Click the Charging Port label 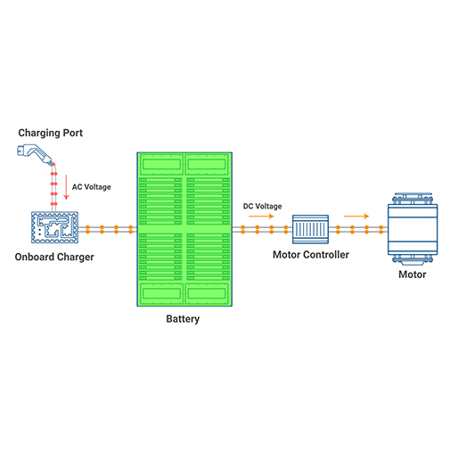pyautogui.click(x=51, y=133)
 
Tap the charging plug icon pyautogui.click(x=36, y=154)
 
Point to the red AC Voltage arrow pyautogui.click(x=66, y=187)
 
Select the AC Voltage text pyautogui.click(x=92, y=187)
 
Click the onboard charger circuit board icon pyautogui.click(x=54, y=227)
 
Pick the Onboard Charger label pyautogui.click(x=54, y=257)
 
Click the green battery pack pyautogui.click(x=184, y=229)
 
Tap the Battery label pyautogui.click(x=183, y=319)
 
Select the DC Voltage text pyautogui.click(x=263, y=206)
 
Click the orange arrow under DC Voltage pyautogui.click(x=261, y=216)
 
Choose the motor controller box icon pyautogui.click(x=310, y=229)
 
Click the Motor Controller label pyautogui.click(x=311, y=255)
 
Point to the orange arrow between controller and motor pyautogui.click(x=356, y=216)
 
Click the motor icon pyautogui.click(x=413, y=229)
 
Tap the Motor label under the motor pyautogui.click(x=413, y=274)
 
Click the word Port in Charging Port pyautogui.click(x=71, y=133)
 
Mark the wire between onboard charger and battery pyautogui.click(x=108, y=230)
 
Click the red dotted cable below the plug pyautogui.click(x=53, y=188)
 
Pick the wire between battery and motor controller pyautogui.click(x=262, y=230)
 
